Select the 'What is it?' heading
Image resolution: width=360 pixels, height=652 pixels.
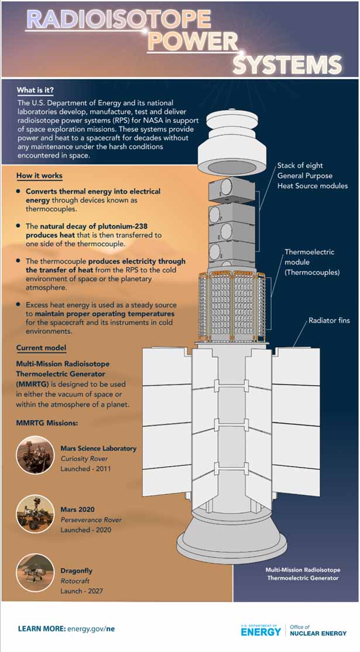36,90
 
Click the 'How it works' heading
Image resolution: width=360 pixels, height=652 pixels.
39,176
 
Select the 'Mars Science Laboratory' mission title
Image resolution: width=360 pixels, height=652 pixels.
98,448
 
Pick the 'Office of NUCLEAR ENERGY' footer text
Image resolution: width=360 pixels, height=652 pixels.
318,630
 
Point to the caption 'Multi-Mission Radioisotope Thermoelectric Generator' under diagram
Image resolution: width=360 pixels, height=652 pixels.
302,574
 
